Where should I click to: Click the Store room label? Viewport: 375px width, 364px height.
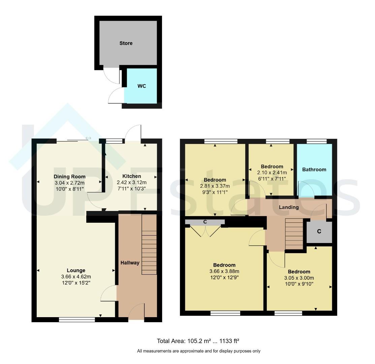(x=126, y=43)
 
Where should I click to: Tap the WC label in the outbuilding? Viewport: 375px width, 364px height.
(x=142, y=86)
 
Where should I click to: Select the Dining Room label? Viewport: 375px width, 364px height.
(x=69, y=177)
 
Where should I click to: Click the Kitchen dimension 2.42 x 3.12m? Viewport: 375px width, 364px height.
(x=131, y=182)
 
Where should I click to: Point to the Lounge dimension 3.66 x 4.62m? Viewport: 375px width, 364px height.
(x=76, y=277)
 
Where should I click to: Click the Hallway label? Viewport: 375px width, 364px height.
(x=130, y=263)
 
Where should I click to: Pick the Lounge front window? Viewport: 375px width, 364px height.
(x=77, y=320)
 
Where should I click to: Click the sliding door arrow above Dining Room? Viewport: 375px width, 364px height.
(x=88, y=138)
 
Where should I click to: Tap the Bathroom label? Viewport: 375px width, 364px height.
(x=314, y=170)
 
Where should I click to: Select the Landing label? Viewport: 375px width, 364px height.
(x=289, y=207)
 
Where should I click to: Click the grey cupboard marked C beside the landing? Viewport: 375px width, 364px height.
(x=319, y=232)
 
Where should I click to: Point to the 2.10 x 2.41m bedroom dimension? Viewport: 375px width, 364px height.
(x=272, y=173)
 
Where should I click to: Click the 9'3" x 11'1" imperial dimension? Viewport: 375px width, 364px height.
(x=215, y=192)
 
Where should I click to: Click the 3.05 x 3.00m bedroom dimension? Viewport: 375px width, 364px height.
(x=299, y=278)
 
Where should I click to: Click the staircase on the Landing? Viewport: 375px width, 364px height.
(x=292, y=234)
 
